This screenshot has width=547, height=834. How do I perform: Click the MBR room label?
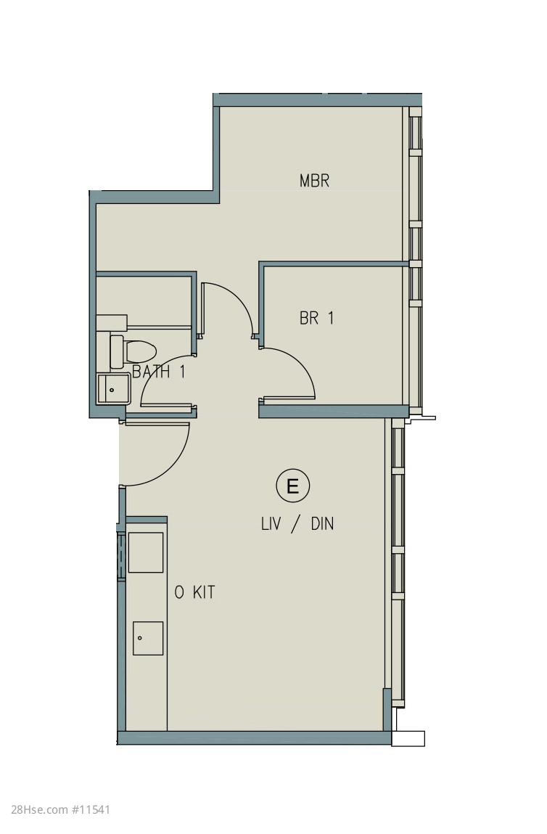(x=314, y=181)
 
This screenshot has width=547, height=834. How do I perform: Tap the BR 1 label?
(x=317, y=318)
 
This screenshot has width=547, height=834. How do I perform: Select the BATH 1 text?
(x=159, y=371)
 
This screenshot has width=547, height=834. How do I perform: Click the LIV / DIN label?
(x=297, y=524)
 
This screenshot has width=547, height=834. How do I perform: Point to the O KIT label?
(x=194, y=592)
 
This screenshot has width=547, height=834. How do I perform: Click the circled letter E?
(x=292, y=486)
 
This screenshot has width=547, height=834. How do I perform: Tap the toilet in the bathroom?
(x=133, y=351)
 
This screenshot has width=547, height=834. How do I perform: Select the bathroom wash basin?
(x=113, y=388)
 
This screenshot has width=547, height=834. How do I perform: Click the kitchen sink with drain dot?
(x=148, y=638)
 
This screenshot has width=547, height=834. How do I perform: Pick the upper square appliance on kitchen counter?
(x=146, y=552)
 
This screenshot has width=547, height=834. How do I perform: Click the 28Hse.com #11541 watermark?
(x=61, y=810)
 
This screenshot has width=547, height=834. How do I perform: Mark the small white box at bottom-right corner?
(x=408, y=739)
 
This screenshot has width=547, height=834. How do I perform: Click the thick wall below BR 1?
(x=334, y=411)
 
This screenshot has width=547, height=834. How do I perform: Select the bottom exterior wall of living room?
(x=255, y=737)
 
